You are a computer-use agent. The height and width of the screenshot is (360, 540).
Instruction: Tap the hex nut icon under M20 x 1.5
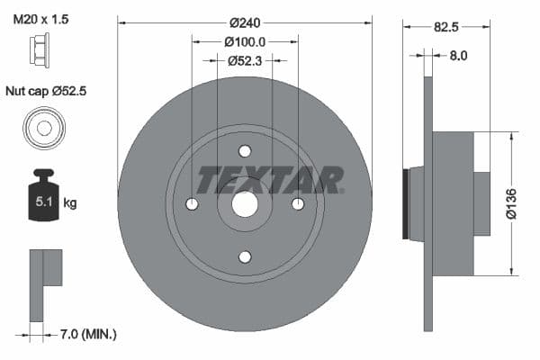[40, 47]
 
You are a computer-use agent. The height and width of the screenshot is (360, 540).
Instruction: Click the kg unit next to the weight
[69, 203]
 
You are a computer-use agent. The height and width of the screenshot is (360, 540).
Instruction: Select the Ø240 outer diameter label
[245, 22]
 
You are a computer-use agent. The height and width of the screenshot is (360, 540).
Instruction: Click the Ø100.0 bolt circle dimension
[245, 41]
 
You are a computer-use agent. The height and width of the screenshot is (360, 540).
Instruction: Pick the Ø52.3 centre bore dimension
[245, 61]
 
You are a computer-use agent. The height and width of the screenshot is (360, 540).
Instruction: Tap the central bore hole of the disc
[245, 204]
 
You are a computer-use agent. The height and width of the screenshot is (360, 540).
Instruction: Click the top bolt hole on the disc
[245, 151]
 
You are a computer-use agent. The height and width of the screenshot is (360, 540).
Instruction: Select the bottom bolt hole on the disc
[245, 257]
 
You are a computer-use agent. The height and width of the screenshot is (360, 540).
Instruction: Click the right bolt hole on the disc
[298, 204]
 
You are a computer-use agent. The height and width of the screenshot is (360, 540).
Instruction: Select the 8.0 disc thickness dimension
[459, 56]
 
